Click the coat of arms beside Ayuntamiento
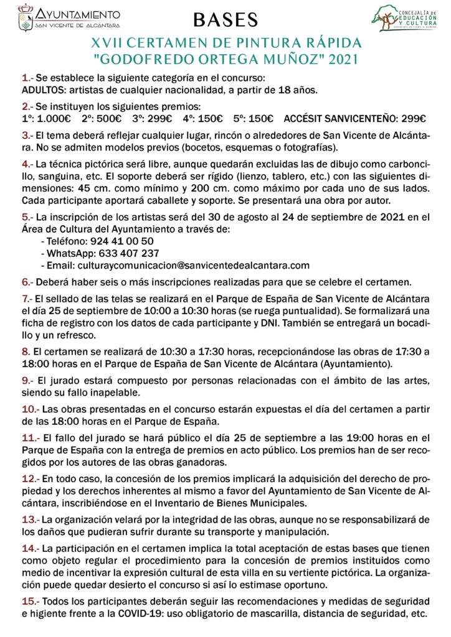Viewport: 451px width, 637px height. click(26, 17)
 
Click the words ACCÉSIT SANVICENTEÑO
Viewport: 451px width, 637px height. click(339, 119)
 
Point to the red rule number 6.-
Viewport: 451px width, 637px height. click(28, 282)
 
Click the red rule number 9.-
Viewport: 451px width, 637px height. click(28, 381)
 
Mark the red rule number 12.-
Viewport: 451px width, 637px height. click(31, 480)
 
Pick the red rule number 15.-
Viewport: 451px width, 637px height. click(31, 601)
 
